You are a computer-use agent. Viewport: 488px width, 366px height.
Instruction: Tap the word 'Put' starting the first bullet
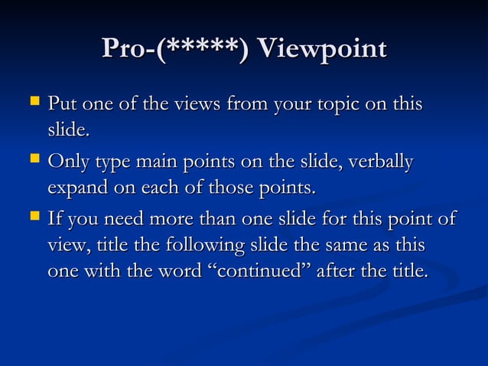(62, 104)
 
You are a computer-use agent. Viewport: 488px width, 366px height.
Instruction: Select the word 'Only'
(67, 164)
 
